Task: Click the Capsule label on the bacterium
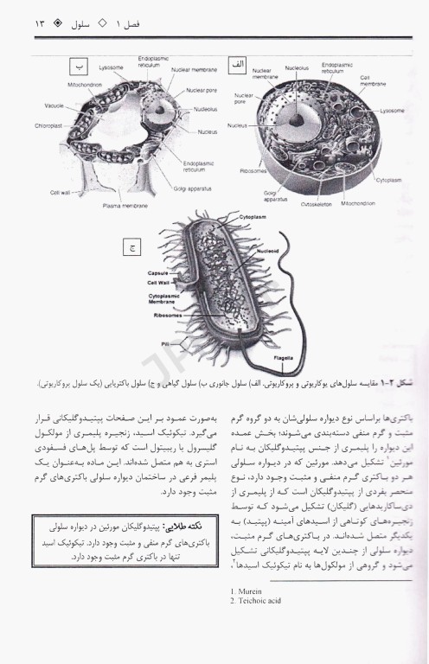click(x=157, y=271)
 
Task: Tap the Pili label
click(x=163, y=343)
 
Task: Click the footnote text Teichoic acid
click(x=254, y=599)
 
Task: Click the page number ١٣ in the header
click(x=21, y=18)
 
